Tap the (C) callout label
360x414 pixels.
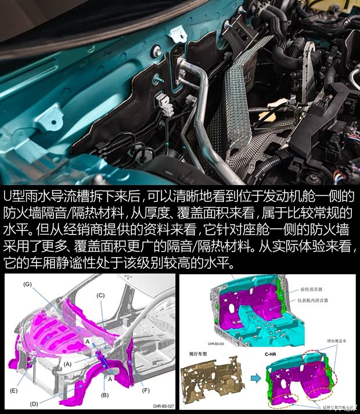[x=100, y=296]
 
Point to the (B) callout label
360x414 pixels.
[x=105, y=395]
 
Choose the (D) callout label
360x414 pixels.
[x=35, y=403]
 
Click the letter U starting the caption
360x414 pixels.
[x=8, y=197]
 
